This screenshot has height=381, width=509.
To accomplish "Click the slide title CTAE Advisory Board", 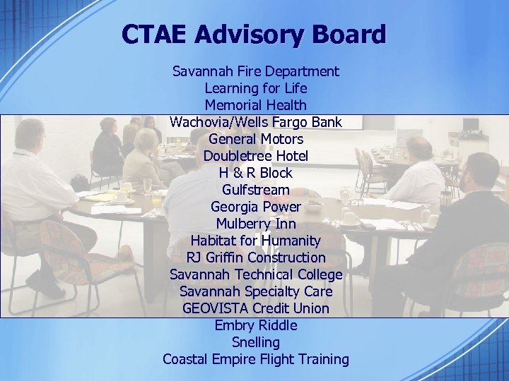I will [x=254, y=34].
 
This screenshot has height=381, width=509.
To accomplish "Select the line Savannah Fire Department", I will [x=256, y=71].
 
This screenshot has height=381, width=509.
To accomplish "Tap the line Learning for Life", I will [x=256, y=88].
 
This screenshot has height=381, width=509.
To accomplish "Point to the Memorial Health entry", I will [x=256, y=105].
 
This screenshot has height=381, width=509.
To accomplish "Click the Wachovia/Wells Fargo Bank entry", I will [x=256, y=122].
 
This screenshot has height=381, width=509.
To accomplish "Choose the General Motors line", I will [x=256, y=139].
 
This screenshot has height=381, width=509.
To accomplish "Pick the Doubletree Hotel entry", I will [x=256, y=156].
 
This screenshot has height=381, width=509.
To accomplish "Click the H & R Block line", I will [x=256, y=173].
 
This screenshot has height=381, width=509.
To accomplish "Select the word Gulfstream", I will [x=256, y=190].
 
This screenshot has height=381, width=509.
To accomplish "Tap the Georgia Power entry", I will [x=256, y=207].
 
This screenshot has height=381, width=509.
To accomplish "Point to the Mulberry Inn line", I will [x=256, y=224].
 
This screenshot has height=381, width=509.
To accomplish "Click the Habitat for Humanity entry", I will [x=256, y=241].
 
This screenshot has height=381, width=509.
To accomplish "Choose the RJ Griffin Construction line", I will [x=256, y=258].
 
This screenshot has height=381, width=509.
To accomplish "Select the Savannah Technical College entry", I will [x=256, y=274].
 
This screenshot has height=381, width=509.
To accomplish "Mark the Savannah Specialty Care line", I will [x=256, y=291].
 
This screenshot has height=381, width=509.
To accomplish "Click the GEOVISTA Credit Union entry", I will [x=256, y=308].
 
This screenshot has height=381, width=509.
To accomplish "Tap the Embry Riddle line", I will [x=256, y=325].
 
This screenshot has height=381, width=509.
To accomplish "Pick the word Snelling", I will [x=256, y=342].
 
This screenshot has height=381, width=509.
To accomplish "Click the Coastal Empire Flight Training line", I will [x=256, y=359].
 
